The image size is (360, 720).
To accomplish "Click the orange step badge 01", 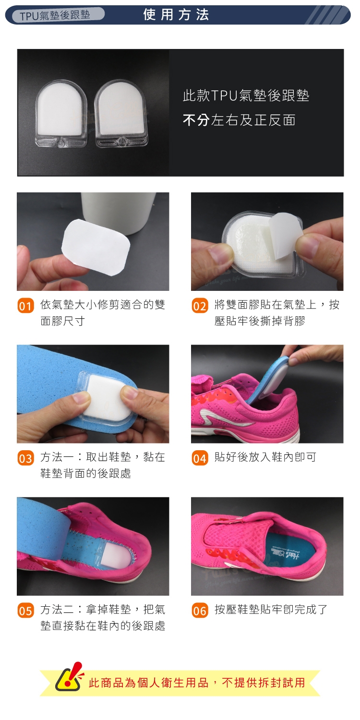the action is pos(26,305).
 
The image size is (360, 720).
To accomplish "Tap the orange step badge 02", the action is pos(200,305).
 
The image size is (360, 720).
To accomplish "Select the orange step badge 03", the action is pos(26,458).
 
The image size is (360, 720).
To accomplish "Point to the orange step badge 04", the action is pos(200,458).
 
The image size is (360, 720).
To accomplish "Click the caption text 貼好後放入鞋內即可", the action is pos(265,457).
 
